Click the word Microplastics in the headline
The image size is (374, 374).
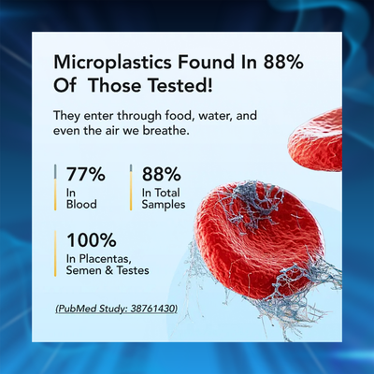[x=112, y=63]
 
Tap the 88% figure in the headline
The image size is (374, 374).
[x=283, y=62]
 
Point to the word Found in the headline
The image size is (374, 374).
[x=206, y=62]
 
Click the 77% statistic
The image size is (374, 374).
[x=85, y=174]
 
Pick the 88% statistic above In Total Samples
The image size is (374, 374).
[x=161, y=174]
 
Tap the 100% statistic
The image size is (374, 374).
[x=92, y=240]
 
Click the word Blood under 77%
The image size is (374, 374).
[x=81, y=205]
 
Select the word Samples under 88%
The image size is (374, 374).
[x=164, y=205]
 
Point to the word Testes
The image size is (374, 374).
[x=133, y=270]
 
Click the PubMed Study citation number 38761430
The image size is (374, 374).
[x=152, y=309]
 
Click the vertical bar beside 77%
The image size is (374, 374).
[x=55, y=187]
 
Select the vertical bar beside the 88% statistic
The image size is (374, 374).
[x=131, y=187]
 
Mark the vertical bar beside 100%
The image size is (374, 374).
[x=55, y=253]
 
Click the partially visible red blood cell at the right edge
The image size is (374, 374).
[x=316, y=140]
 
